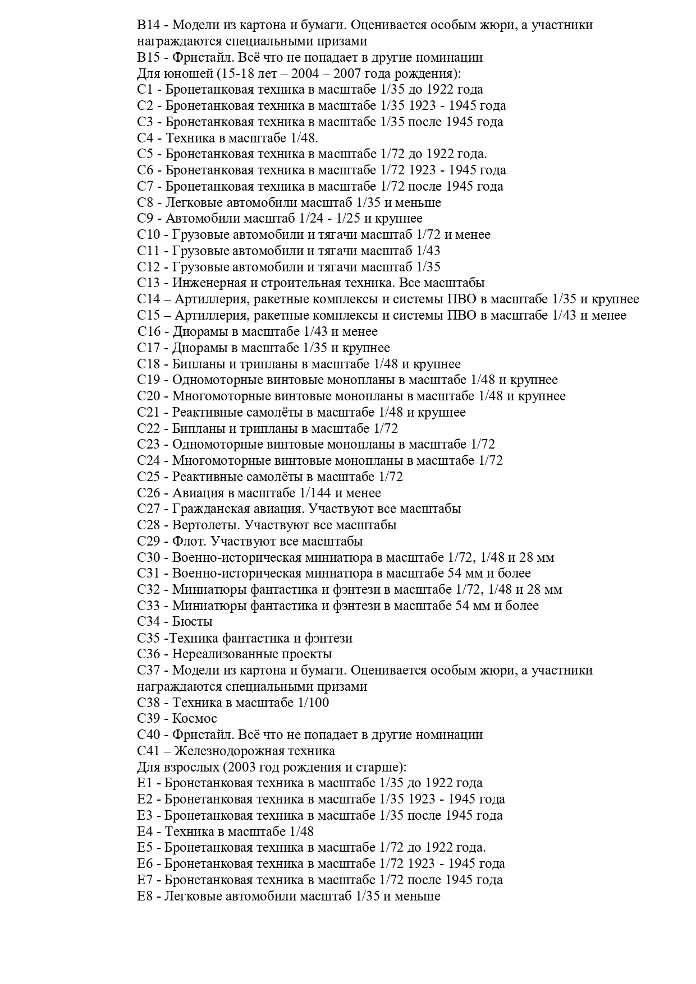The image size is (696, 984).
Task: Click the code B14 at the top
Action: [x=149, y=25]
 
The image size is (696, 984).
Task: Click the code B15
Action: [x=149, y=58]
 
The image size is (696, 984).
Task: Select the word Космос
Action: [x=195, y=719]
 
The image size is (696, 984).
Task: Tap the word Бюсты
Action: [x=193, y=622]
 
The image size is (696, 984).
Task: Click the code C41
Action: [x=150, y=751]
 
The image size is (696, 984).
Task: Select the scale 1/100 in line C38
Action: [x=312, y=703]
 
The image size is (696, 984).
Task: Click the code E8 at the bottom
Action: [x=145, y=897]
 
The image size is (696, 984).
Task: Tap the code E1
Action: [x=145, y=783]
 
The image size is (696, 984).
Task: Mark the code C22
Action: [x=149, y=429]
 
